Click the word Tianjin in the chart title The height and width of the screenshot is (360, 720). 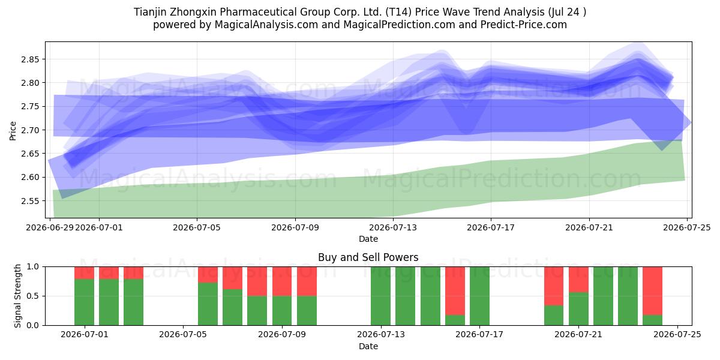tap(150, 12)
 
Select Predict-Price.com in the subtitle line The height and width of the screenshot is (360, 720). tap(524, 25)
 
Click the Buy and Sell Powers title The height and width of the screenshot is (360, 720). tap(368, 257)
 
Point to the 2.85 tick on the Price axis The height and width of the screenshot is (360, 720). tap(30, 59)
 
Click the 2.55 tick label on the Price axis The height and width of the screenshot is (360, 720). tap(30, 201)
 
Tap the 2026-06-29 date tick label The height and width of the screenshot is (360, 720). tap(50, 228)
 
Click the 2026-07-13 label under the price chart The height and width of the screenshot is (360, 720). tap(393, 228)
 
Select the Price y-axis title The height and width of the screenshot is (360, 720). tap(13, 131)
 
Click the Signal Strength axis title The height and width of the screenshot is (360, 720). tap(17, 296)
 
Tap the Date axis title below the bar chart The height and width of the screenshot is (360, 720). tap(368, 347)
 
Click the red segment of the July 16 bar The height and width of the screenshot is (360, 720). tap(455, 291)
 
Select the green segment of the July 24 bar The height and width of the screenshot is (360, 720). tap(653, 320)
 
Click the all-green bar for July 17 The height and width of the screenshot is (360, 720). tap(479, 296)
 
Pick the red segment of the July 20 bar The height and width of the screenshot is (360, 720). tap(554, 286)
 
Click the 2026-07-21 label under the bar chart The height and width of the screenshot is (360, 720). tap(578, 335)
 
